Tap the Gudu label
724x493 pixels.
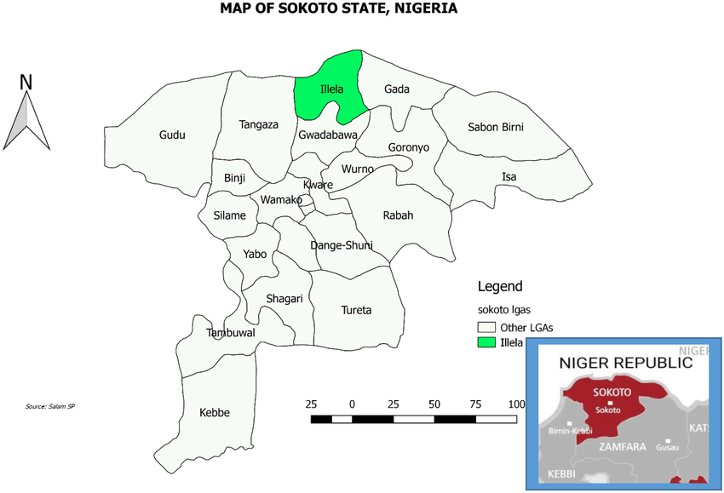171,135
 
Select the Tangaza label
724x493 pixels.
259,124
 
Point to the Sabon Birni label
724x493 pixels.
496,127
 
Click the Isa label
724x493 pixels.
509,177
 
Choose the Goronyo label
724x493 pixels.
409,147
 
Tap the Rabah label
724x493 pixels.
398,215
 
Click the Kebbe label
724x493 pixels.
215,413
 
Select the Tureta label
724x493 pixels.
356,310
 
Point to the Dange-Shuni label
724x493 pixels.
341,245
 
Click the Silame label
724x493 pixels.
230,215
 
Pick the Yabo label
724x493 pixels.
255,254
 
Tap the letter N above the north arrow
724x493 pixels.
26,82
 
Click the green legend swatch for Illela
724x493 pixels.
486,342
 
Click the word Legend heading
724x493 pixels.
500,286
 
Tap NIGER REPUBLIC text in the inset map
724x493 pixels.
625,363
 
